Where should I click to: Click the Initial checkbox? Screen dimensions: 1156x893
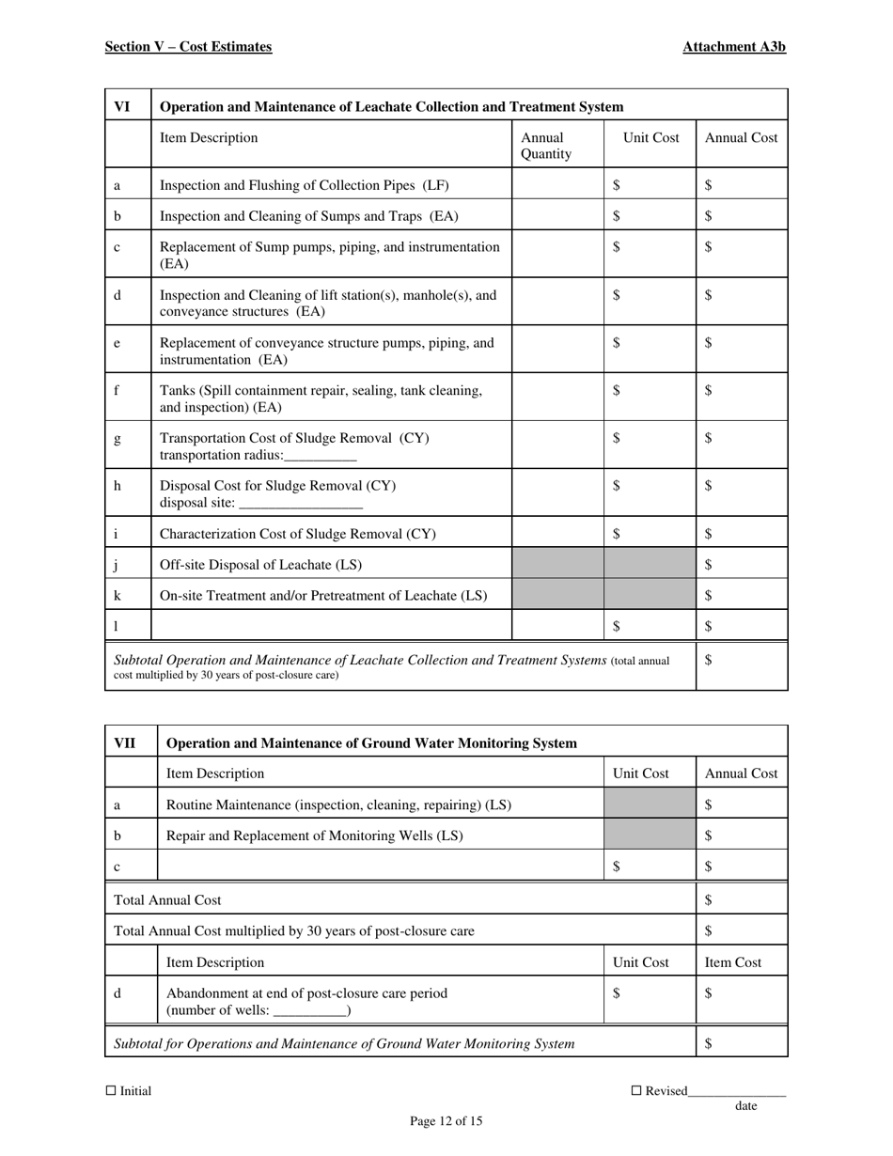pyautogui.click(x=111, y=1090)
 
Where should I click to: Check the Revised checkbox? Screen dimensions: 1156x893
pyautogui.click(x=635, y=1090)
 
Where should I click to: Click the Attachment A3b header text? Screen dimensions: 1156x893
pyautogui.click(x=734, y=47)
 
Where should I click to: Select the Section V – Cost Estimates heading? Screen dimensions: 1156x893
pyautogui.click(x=188, y=47)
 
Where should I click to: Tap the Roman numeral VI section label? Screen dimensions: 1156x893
pyautogui.click(x=122, y=107)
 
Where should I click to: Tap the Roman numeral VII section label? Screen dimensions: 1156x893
pyautogui.click(x=125, y=743)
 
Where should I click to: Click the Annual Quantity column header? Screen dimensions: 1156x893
pyautogui.click(x=546, y=146)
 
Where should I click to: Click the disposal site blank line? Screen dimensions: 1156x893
pyautogui.click(x=302, y=505)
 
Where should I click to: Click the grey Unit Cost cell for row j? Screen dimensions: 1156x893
pyautogui.click(x=650, y=564)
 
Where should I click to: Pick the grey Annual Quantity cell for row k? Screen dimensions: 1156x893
pyautogui.click(x=557, y=595)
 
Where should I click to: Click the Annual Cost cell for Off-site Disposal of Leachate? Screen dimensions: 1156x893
pyautogui.click(x=742, y=564)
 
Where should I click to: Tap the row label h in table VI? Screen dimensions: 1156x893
pyautogui.click(x=117, y=486)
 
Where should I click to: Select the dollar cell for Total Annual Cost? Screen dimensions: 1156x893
pyautogui.click(x=742, y=899)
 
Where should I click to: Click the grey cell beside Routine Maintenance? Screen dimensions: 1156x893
pyautogui.click(x=650, y=805)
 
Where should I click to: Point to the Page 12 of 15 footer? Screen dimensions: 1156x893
pyautogui.click(x=446, y=1120)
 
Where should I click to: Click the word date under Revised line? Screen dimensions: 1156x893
pyautogui.click(x=746, y=1106)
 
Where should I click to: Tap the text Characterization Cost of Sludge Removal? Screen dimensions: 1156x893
pyautogui.click(x=298, y=534)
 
